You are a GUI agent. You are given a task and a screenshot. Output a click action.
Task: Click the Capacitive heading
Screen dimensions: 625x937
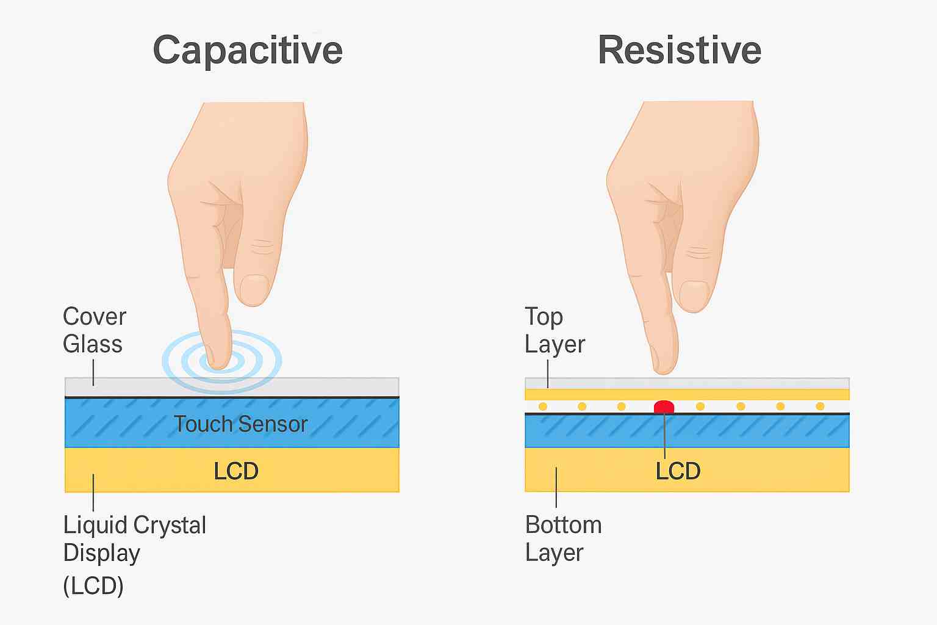click(x=247, y=50)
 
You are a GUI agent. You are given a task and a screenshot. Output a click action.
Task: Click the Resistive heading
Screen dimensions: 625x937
click(x=679, y=50)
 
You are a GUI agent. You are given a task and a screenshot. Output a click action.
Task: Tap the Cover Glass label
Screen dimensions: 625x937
click(x=94, y=330)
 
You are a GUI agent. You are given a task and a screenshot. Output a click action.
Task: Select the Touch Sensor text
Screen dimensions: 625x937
click(x=240, y=424)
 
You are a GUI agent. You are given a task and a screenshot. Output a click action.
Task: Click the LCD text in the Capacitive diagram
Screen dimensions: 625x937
click(x=236, y=471)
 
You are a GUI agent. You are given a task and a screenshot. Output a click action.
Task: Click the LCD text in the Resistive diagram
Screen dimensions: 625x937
click(x=678, y=471)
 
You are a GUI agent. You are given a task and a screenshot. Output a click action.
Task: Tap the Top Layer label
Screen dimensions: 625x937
click(x=554, y=330)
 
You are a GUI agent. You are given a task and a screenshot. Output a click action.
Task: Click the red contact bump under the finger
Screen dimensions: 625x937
click(x=664, y=406)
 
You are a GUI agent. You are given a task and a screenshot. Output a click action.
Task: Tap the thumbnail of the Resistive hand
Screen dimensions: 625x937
click(x=694, y=296)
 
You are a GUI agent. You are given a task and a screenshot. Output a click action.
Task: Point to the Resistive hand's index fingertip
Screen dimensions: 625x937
click(x=664, y=363)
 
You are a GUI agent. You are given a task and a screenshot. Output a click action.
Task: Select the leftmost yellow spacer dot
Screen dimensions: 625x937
click(x=543, y=406)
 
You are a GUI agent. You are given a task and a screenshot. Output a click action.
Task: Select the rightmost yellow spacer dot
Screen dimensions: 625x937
click(x=820, y=406)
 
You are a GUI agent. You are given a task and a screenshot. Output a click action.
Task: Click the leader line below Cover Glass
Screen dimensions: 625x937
click(x=93, y=372)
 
